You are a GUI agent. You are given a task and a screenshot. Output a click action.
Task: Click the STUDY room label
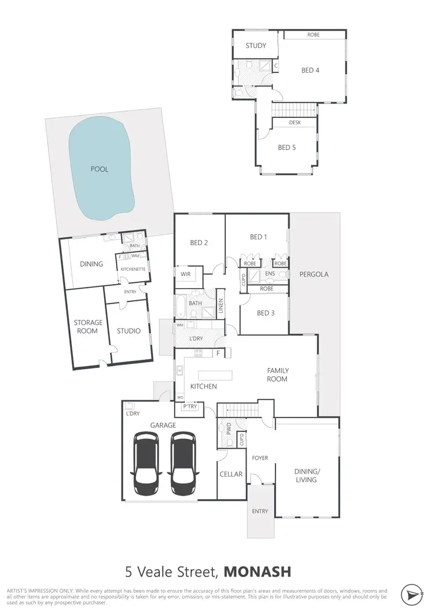255,45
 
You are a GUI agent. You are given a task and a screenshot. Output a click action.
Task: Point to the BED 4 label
310,71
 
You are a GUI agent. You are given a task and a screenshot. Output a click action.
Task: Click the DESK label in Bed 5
294,123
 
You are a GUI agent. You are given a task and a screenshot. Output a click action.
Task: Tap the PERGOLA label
314,274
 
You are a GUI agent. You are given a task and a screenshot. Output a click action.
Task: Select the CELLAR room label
230,474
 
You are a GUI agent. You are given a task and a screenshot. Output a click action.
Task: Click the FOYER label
260,458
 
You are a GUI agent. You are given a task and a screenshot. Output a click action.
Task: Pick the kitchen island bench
215,375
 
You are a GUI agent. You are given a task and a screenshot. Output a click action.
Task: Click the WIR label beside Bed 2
186,274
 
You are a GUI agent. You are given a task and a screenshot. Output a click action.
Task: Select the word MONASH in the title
258,572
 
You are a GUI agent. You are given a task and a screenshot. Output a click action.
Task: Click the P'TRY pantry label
190,407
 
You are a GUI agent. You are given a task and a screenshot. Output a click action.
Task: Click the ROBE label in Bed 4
313,35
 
